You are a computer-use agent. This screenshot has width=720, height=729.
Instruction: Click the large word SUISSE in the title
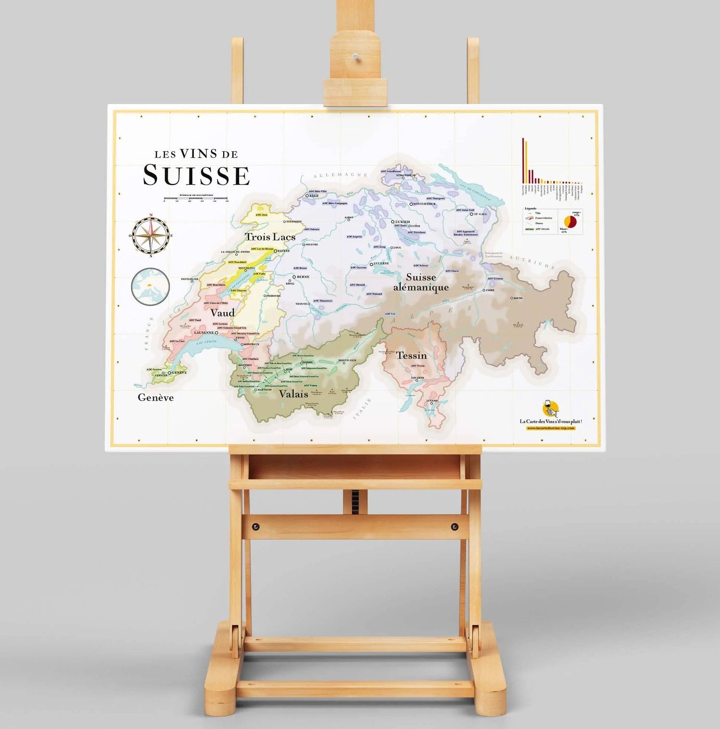pos(196,176)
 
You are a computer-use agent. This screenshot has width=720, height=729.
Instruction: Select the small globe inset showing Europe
pos(150,287)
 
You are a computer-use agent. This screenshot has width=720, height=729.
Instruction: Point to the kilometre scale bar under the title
pos(195,198)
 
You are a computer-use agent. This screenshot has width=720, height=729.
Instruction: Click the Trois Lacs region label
pos(270,237)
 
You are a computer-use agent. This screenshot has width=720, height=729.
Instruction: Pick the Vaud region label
pos(222,313)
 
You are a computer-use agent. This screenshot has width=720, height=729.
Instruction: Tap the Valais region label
pos(293,394)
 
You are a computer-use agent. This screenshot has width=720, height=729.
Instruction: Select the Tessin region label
pos(411,356)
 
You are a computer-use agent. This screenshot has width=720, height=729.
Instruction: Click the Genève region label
pos(156,398)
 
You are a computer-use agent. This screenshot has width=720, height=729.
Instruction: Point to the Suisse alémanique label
pos(421,282)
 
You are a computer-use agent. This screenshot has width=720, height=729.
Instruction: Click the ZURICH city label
pos(402,222)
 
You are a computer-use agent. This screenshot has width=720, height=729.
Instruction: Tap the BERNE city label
pos(303,277)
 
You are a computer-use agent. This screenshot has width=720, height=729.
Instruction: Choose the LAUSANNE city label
pos(204,332)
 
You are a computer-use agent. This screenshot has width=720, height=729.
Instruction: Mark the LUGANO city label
pos(432,400)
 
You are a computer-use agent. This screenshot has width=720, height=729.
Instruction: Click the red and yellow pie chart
pos(570,221)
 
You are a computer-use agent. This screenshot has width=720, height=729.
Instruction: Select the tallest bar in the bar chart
pos(523,160)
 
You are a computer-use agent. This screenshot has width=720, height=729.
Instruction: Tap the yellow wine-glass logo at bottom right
pos(551,409)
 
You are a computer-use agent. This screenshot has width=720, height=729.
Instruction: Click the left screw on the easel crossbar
pos(255,527)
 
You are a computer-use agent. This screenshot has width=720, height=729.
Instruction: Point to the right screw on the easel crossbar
pos(454,527)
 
